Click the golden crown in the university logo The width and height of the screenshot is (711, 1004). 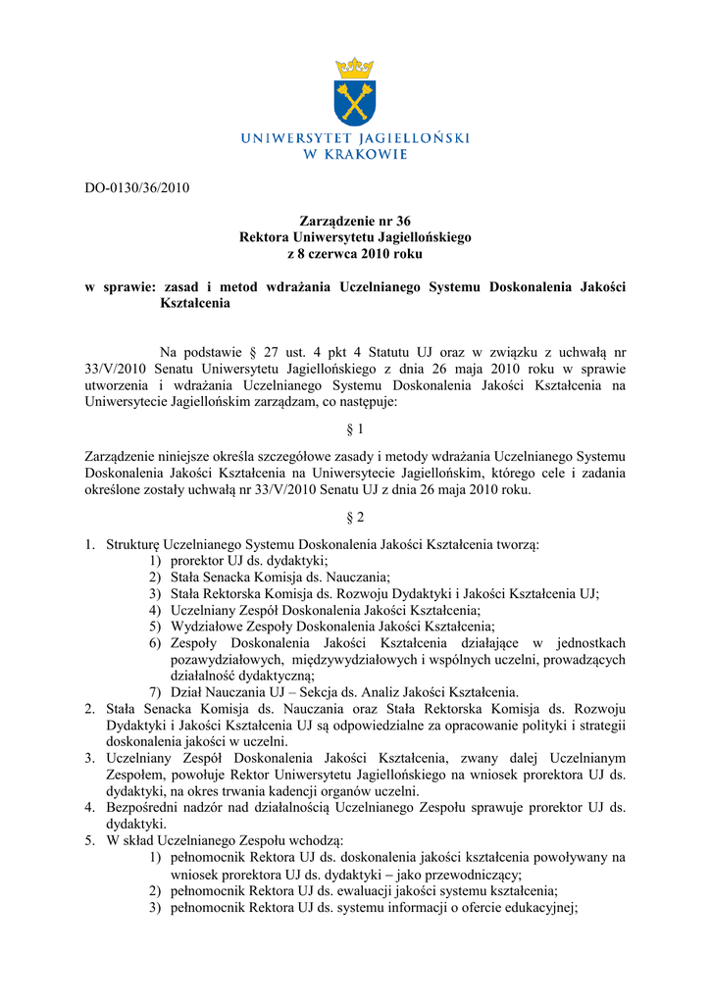[355, 68]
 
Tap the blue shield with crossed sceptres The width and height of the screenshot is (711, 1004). [355, 104]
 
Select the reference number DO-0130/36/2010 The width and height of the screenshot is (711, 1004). [135, 188]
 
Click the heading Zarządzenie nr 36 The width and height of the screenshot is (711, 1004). [355, 222]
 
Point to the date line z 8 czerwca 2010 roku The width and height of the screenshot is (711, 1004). [355, 253]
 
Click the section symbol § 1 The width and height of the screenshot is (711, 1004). [355, 428]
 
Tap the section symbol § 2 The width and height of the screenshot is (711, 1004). [355, 517]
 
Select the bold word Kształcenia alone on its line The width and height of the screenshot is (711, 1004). [195, 303]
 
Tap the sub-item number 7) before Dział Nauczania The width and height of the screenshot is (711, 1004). [156, 691]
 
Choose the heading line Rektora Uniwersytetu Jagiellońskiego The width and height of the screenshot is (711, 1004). [355, 237]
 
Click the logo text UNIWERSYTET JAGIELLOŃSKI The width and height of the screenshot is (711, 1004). [355, 139]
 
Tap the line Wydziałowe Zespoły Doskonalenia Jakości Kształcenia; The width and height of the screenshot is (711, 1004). [332, 626]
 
